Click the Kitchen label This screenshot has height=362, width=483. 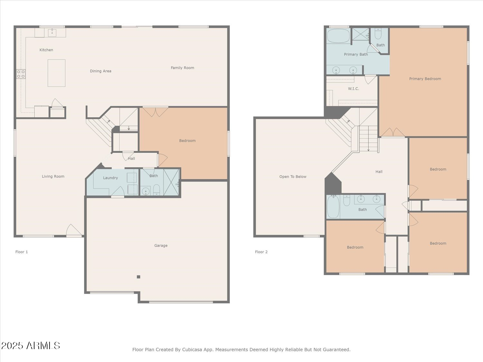point(46,50)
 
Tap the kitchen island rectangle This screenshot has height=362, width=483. point(57,73)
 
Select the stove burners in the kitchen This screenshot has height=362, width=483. point(21,74)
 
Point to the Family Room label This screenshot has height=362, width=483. point(183,68)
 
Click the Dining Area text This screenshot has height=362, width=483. point(100,71)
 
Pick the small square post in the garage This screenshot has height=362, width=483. point(138,277)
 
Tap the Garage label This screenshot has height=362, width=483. point(161,246)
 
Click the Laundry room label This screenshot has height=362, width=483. point(110,178)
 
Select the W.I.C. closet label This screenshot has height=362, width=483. point(353,88)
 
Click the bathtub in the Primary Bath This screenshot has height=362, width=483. point(338,36)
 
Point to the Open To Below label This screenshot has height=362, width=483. point(293,176)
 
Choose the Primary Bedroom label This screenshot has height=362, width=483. point(425,79)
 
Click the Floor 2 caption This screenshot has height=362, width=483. point(261,252)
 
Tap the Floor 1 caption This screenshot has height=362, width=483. point(22,252)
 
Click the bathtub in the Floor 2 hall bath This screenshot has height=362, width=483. point(333,207)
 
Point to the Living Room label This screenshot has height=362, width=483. point(53,176)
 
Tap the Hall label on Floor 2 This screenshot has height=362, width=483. point(379,172)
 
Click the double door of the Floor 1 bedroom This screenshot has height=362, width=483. point(155,112)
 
